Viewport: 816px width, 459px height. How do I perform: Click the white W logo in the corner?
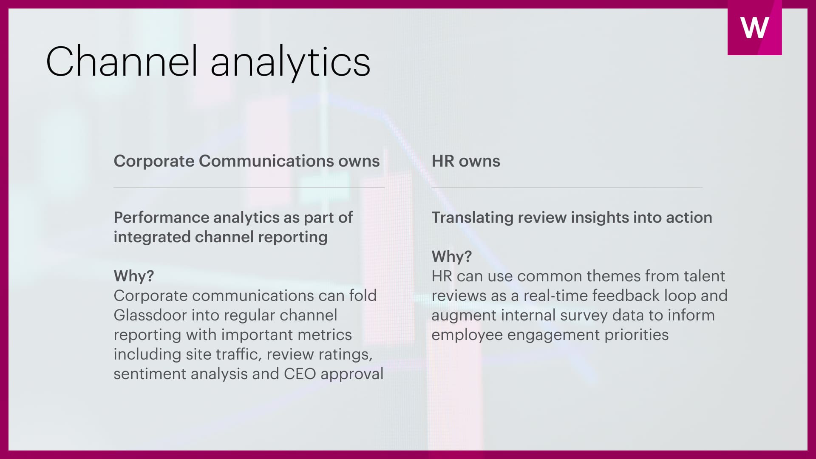pyautogui.click(x=754, y=28)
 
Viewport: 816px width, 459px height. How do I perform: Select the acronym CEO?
pyautogui.click(x=300, y=374)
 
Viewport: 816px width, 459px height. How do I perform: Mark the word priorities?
pyautogui.click(x=637, y=335)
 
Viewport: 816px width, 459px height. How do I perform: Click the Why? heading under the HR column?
pyautogui.click(x=452, y=256)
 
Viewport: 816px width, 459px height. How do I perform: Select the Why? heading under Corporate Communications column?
pyautogui.click(x=134, y=276)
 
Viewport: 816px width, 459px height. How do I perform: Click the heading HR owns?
pyautogui.click(x=466, y=161)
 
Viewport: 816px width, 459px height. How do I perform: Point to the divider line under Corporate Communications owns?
pyautogui.click(x=249, y=187)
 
